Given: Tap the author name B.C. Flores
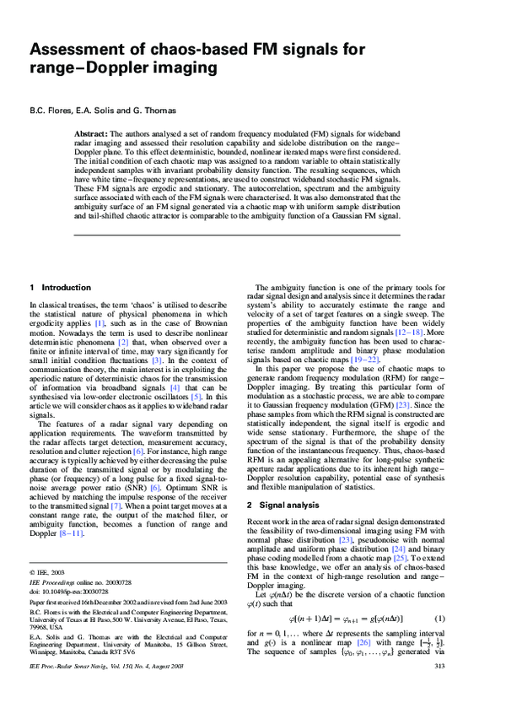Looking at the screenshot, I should [50, 110].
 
